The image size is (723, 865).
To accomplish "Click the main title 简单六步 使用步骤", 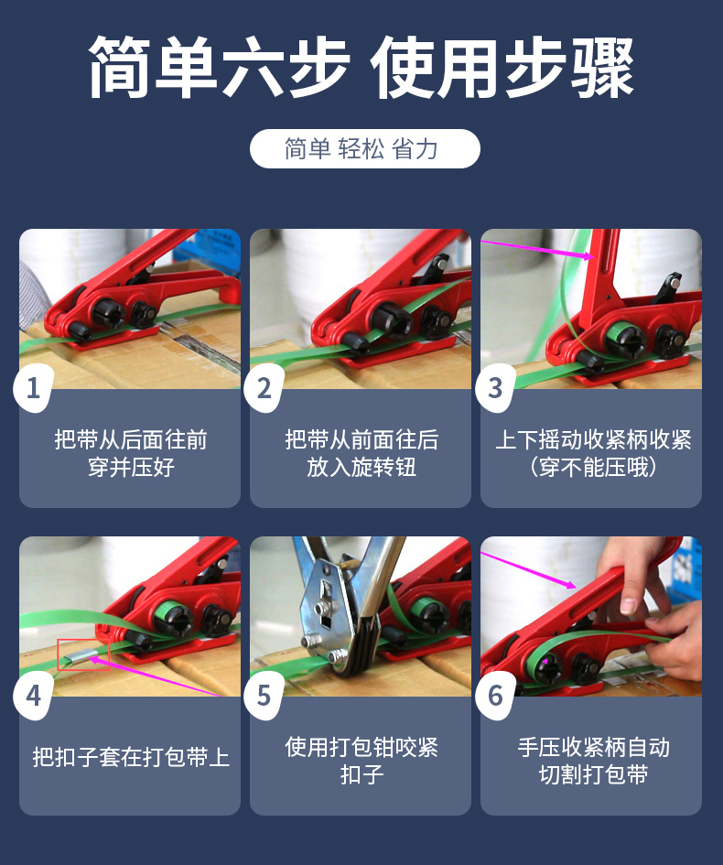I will tap(361, 69).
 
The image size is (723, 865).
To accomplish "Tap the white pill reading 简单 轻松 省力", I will tap(364, 148).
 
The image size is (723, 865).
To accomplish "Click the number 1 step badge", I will tap(34, 388).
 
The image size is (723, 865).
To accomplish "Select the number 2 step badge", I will tap(264, 388).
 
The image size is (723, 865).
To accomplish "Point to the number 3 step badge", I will tap(495, 388).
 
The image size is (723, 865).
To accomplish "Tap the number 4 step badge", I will tap(34, 696).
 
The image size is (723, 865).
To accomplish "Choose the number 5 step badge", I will tap(264, 696).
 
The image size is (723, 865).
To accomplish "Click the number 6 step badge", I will tap(495, 696).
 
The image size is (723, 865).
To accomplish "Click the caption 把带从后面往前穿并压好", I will tap(130, 454).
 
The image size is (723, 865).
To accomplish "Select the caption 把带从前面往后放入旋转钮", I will tap(361, 454).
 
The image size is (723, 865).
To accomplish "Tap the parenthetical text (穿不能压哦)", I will tap(592, 468).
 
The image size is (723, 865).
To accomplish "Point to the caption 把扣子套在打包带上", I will tap(130, 757).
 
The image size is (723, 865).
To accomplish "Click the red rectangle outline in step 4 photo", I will tap(82, 654).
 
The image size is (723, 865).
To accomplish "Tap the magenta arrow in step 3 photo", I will tap(540, 252).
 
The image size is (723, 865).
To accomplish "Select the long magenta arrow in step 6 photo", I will tap(531, 568).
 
